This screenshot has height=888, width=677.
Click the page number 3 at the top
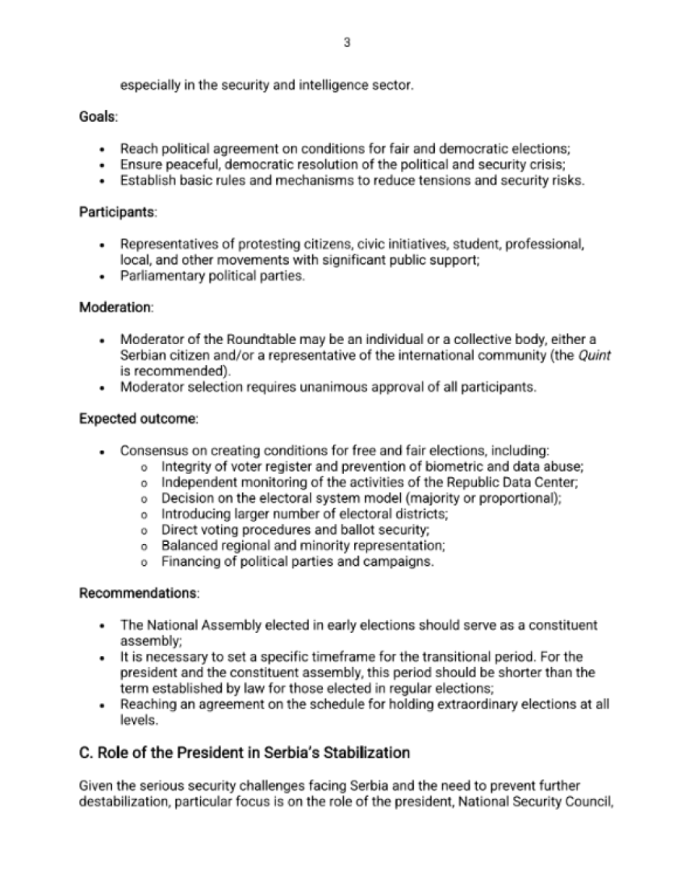346,43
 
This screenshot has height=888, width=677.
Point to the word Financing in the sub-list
189,561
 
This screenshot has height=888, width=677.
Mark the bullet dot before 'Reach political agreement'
102,149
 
